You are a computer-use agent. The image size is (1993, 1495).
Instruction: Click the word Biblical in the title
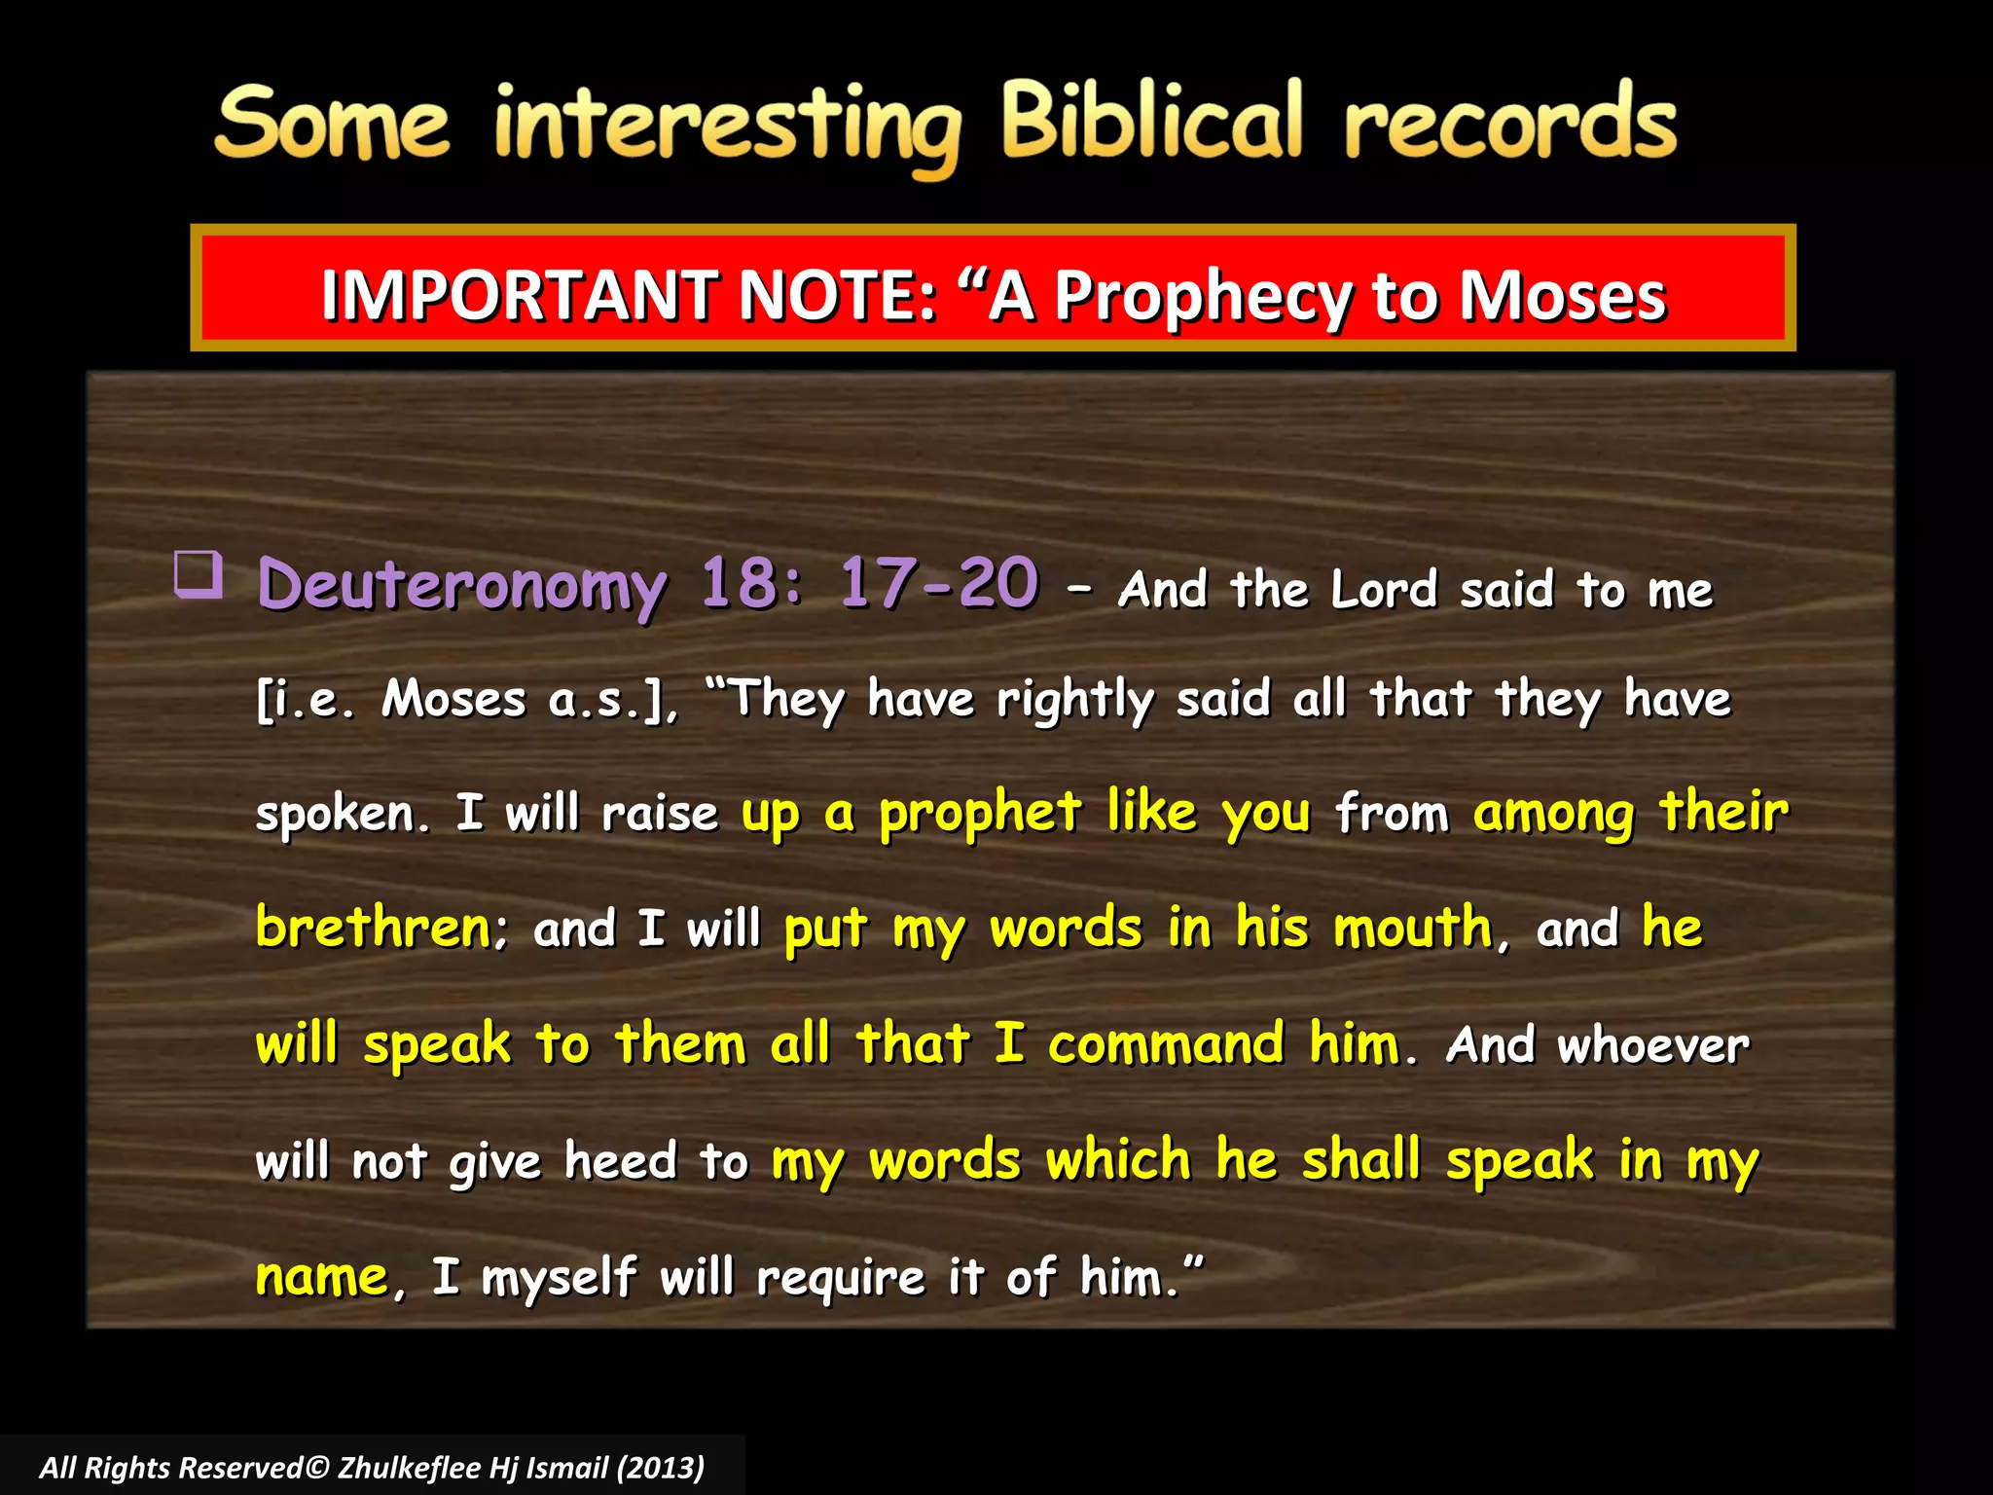(x=1151, y=122)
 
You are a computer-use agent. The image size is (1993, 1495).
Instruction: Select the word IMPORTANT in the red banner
(x=519, y=295)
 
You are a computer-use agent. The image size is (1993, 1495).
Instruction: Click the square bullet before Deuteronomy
(x=199, y=574)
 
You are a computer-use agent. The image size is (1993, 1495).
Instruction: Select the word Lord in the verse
(x=1383, y=590)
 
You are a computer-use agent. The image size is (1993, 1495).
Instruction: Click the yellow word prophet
(x=980, y=814)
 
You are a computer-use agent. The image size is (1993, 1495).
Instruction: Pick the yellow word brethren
(x=374, y=928)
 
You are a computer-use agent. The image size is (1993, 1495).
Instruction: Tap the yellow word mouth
(x=1413, y=928)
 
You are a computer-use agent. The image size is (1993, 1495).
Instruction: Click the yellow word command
(x=1166, y=1044)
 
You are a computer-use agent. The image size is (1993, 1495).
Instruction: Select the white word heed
(x=620, y=1161)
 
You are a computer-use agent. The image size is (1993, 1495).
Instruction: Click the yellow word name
(x=322, y=1277)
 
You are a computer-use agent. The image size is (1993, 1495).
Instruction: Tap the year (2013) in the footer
(x=660, y=1468)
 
